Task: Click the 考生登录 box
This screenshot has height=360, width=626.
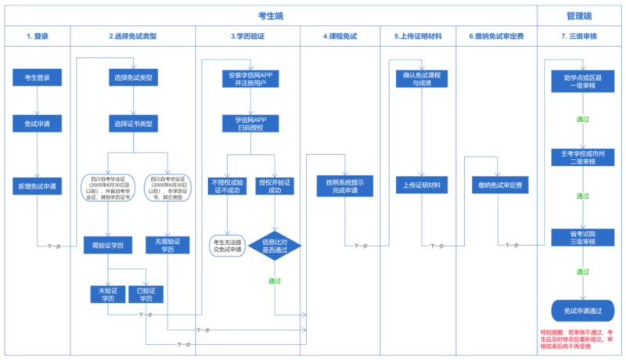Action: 37,78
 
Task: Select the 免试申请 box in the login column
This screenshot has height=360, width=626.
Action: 37,124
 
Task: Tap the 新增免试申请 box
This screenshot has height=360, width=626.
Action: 37,186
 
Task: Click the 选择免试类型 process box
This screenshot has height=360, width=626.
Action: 132,78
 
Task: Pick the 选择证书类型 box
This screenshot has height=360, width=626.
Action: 132,124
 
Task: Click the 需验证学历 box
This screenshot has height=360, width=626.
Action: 106,245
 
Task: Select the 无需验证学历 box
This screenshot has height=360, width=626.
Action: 167,245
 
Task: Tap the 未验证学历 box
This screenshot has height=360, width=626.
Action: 106,293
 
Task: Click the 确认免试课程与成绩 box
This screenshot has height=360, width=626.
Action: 422,78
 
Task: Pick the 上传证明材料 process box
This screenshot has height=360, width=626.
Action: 422,186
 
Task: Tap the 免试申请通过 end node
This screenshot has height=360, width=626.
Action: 582,311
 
